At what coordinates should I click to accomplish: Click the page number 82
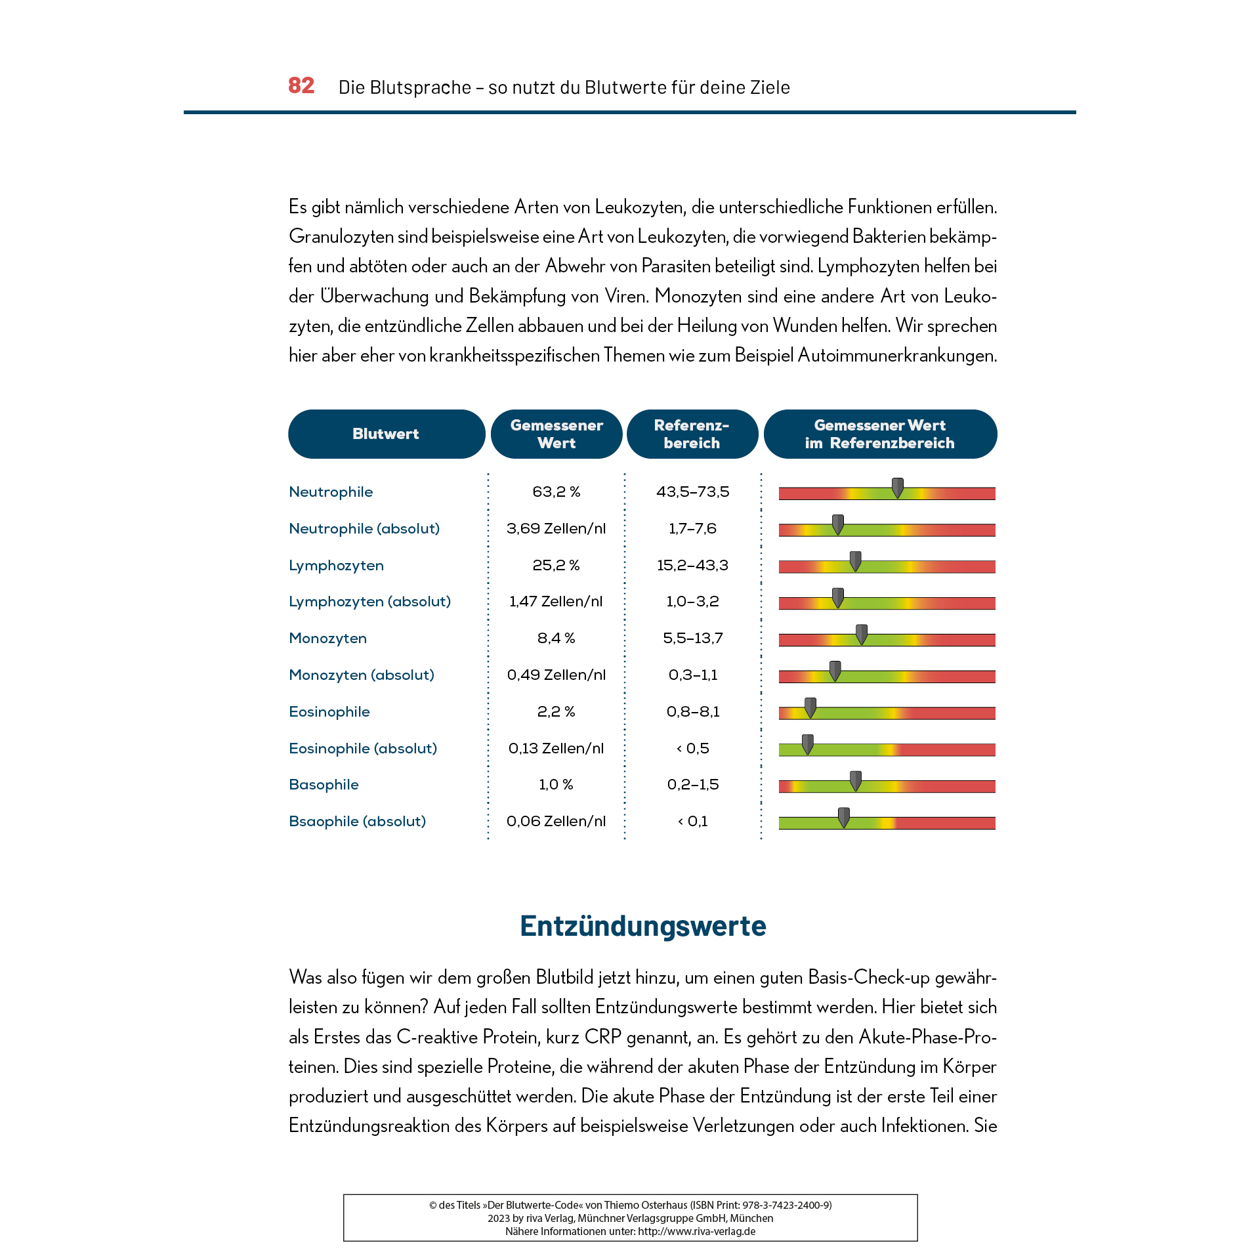[x=301, y=85]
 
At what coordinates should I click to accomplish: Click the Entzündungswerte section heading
[x=642, y=925]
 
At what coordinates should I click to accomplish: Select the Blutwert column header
[x=386, y=434]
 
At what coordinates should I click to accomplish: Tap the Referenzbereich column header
[x=692, y=434]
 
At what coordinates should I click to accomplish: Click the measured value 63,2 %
[x=556, y=492]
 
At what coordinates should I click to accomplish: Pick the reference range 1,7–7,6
[x=692, y=528]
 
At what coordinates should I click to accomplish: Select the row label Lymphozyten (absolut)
[x=369, y=601]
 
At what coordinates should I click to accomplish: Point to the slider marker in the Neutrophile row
[x=898, y=488]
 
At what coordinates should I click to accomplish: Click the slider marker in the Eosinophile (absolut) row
[x=808, y=744]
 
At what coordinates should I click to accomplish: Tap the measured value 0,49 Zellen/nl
[x=556, y=675]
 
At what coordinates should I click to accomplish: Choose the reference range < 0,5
[x=692, y=748]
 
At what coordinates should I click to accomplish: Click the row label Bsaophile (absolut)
[x=357, y=821]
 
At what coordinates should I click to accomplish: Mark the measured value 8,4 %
[x=556, y=638]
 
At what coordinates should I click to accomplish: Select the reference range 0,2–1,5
[x=692, y=784]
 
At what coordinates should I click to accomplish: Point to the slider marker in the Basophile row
[x=856, y=780]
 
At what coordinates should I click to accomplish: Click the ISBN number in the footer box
[x=786, y=1205]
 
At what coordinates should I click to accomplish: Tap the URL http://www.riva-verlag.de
[x=696, y=1231]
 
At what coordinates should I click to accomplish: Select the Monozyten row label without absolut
[x=327, y=638]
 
